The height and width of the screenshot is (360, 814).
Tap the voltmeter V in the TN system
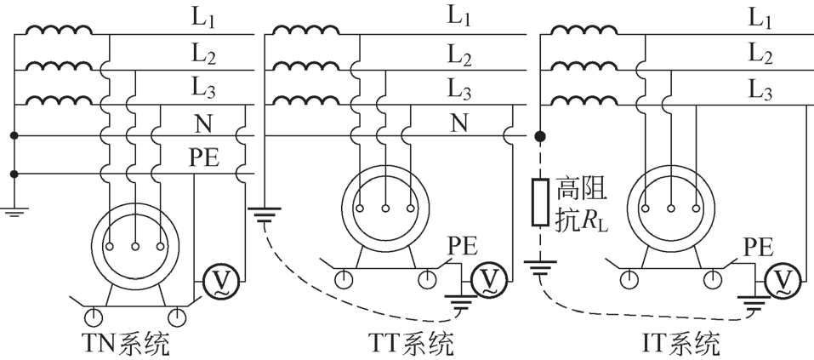click(219, 280)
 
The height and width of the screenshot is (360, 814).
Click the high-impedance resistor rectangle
click(539, 202)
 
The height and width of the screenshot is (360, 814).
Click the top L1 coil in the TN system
click(58, 31)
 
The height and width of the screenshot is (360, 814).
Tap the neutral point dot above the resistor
click(539, 136)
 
